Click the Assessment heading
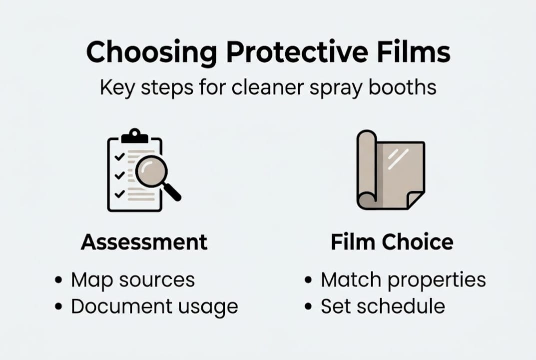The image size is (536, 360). [x=144, y=242]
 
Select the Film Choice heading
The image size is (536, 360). [x=392, y=242]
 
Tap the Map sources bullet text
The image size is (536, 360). [x=132, y=280]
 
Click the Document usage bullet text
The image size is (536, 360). [x=154, y=306]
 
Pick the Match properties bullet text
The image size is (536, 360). [x=403, y=280]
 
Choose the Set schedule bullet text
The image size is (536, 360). [x=382, y=306]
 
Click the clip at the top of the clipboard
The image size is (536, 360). [x=135, y=135]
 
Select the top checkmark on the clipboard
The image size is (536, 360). [x=119, y=157]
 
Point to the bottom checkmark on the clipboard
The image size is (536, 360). [x=119, y=193]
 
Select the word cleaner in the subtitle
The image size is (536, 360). [x=259, y=87]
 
